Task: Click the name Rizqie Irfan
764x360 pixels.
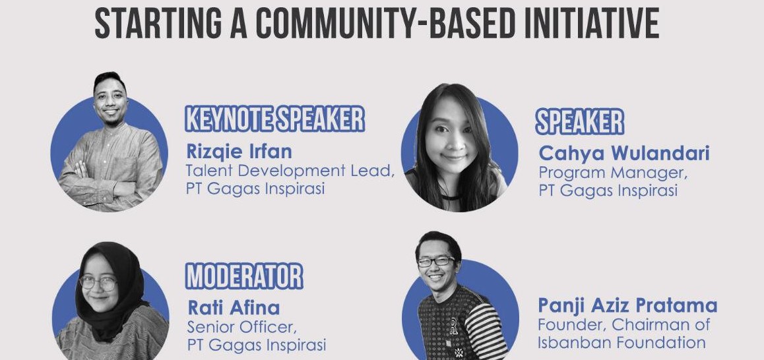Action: point(239,152)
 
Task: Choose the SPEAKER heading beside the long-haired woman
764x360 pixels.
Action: point(579,122)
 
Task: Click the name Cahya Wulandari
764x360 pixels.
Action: point(623,154)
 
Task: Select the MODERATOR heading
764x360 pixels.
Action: point(244,277)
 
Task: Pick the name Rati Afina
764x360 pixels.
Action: point(234,308)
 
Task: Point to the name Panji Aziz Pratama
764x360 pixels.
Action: point(627,306)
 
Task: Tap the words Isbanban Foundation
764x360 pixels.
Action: point(621,342)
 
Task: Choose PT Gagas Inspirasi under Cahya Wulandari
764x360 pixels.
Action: point(608,191)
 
